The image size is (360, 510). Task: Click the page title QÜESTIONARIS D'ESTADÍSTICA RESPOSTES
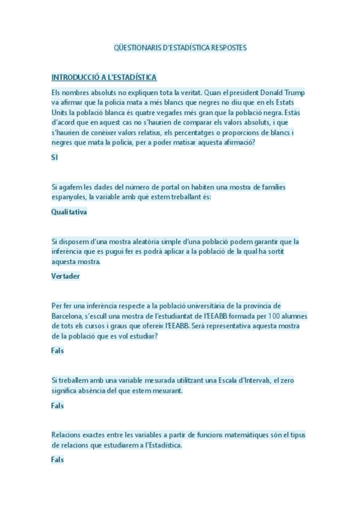click(180, 47)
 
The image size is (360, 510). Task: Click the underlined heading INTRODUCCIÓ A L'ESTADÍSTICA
click(104, 78)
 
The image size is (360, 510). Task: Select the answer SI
click(55, 156)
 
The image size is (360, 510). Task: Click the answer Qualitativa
click(69, 212)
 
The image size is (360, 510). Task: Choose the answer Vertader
click(66, 276)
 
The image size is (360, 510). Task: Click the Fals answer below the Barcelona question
click(57, 350)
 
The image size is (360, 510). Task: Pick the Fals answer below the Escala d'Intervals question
click(57, 405)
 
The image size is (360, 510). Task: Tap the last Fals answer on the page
click(57, 460)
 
